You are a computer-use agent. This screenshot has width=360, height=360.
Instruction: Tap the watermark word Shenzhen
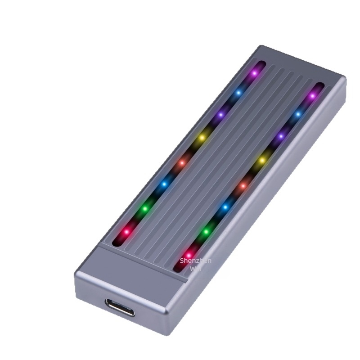195,261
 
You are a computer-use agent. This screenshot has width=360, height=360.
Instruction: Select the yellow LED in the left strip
202,137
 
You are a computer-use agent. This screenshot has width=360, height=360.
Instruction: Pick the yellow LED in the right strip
262,160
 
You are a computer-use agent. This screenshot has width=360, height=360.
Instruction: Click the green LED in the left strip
145,208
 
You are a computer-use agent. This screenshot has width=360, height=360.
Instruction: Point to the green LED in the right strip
206,232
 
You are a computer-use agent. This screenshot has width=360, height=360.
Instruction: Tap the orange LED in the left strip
182,162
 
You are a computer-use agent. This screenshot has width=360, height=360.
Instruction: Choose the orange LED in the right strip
243,185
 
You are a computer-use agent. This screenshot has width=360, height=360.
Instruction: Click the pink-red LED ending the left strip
126,232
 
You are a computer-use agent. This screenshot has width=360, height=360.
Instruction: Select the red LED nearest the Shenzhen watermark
189,255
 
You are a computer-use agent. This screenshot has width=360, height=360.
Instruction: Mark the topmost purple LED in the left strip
254,72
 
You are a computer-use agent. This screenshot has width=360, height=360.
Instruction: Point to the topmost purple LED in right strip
312,96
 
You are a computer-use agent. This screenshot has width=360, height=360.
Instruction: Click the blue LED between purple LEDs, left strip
238,93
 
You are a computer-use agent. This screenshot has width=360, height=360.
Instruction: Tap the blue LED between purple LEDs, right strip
297,115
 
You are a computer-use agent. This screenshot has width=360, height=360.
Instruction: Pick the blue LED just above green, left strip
164,184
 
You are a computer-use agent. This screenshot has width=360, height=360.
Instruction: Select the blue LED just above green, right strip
225,207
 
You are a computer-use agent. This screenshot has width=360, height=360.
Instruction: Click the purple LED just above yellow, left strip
220,115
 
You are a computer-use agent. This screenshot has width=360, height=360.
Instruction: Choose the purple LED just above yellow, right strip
281,136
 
